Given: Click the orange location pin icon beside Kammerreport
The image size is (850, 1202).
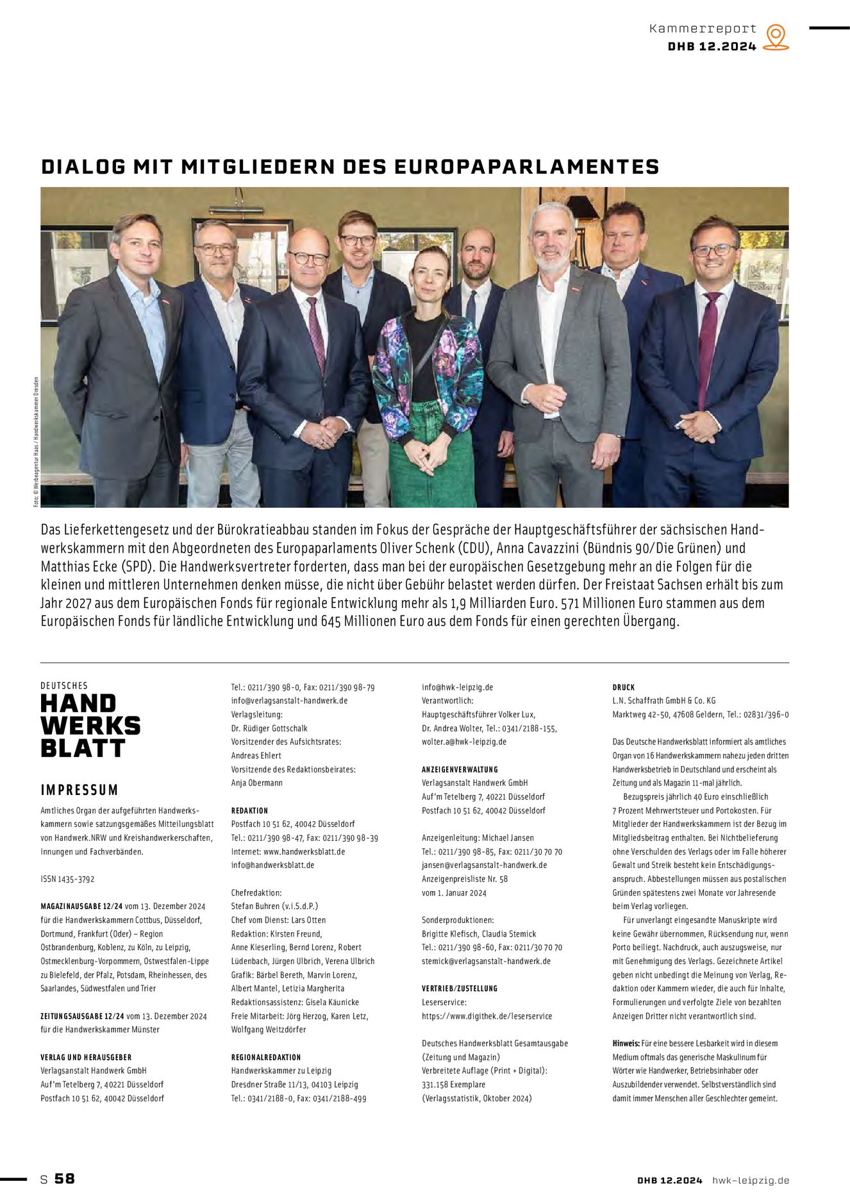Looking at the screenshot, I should (776, 37).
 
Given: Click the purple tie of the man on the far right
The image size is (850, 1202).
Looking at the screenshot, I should (708, 346).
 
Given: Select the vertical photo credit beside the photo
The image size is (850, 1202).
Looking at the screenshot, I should (37, 442).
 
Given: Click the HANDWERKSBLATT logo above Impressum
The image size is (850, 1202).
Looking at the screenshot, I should (90, 725).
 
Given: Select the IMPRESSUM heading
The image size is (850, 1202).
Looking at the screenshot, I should (79, 790).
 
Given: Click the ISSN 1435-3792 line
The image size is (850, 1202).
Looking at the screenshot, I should (67, 879).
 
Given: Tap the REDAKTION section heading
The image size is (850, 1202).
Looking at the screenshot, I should (249, 810).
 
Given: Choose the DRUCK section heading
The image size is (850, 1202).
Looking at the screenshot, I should (623, 687).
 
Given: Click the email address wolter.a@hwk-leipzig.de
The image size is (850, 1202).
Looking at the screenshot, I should (463, 742).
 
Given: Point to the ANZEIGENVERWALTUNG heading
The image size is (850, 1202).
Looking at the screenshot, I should (460, 769).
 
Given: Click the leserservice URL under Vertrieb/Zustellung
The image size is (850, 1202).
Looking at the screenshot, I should (487, 1016).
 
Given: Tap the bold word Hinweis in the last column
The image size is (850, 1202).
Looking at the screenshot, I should (626, 1044).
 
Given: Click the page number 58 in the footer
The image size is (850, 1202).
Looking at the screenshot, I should (65, 1179).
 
